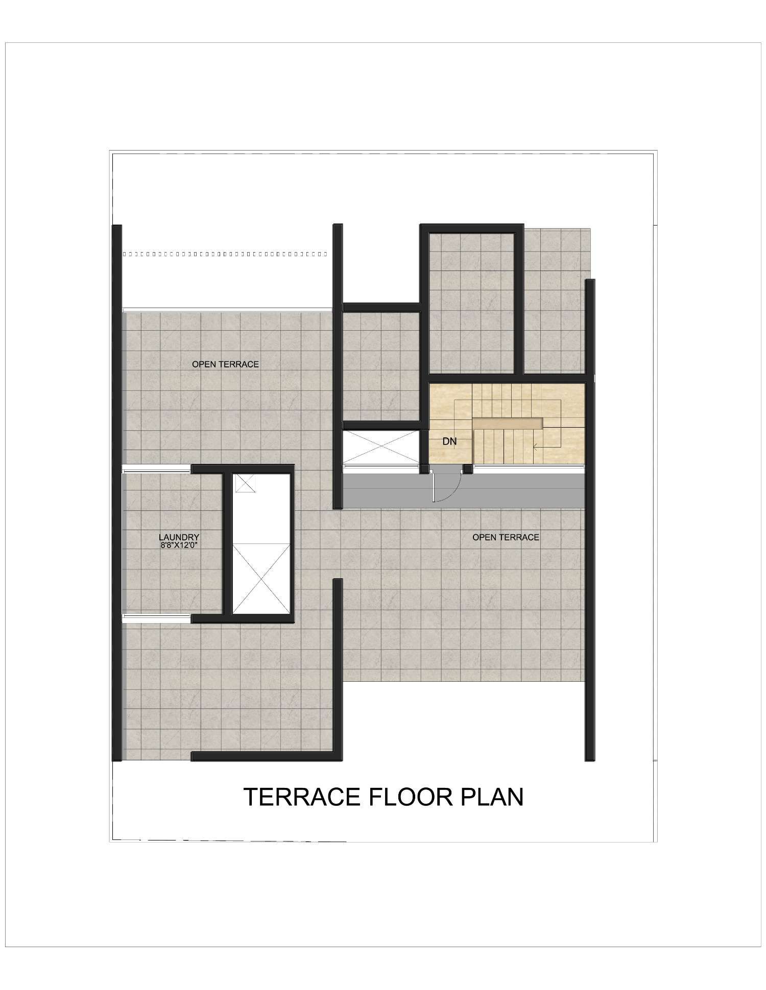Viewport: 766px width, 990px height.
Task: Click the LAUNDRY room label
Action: click(179, 537)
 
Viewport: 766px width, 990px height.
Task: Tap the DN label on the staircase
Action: click(449, 441)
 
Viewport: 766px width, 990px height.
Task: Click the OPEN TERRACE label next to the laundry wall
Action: click(225, 364)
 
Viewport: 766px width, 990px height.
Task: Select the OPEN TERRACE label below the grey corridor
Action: click(506, 537)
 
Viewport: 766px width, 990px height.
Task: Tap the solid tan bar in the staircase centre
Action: click(508, 423)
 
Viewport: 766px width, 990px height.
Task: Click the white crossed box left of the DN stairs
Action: click(381, 447)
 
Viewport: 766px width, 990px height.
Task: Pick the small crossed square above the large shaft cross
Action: click(244, 483)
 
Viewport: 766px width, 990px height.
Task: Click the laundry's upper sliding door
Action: click(157, 469)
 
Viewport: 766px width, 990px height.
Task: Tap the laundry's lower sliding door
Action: click(157, 618)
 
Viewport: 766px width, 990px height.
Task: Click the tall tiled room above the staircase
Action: click(471, 303)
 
